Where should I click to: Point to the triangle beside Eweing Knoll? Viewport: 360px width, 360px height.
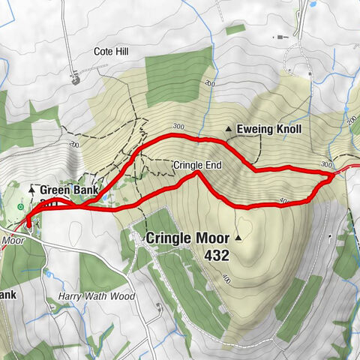(x=229, y=129)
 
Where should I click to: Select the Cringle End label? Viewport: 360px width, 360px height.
(x=193, y=164)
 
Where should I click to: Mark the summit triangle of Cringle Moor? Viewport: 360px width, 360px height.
(x=238, y=238)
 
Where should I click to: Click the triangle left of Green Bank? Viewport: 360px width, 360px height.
(x=32, y=190)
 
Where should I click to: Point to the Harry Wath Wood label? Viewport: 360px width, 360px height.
(x=97, y=297)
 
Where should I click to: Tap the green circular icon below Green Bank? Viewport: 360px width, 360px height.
(x=19, y=206)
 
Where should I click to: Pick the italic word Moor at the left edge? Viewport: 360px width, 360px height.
(x=13, y=241)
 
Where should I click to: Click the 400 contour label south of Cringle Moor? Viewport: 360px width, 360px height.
(x=226, y=279)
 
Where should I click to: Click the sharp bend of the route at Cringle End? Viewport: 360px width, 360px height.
(x=197, y=173)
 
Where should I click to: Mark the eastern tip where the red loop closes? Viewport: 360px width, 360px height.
(x=332, y=177)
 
